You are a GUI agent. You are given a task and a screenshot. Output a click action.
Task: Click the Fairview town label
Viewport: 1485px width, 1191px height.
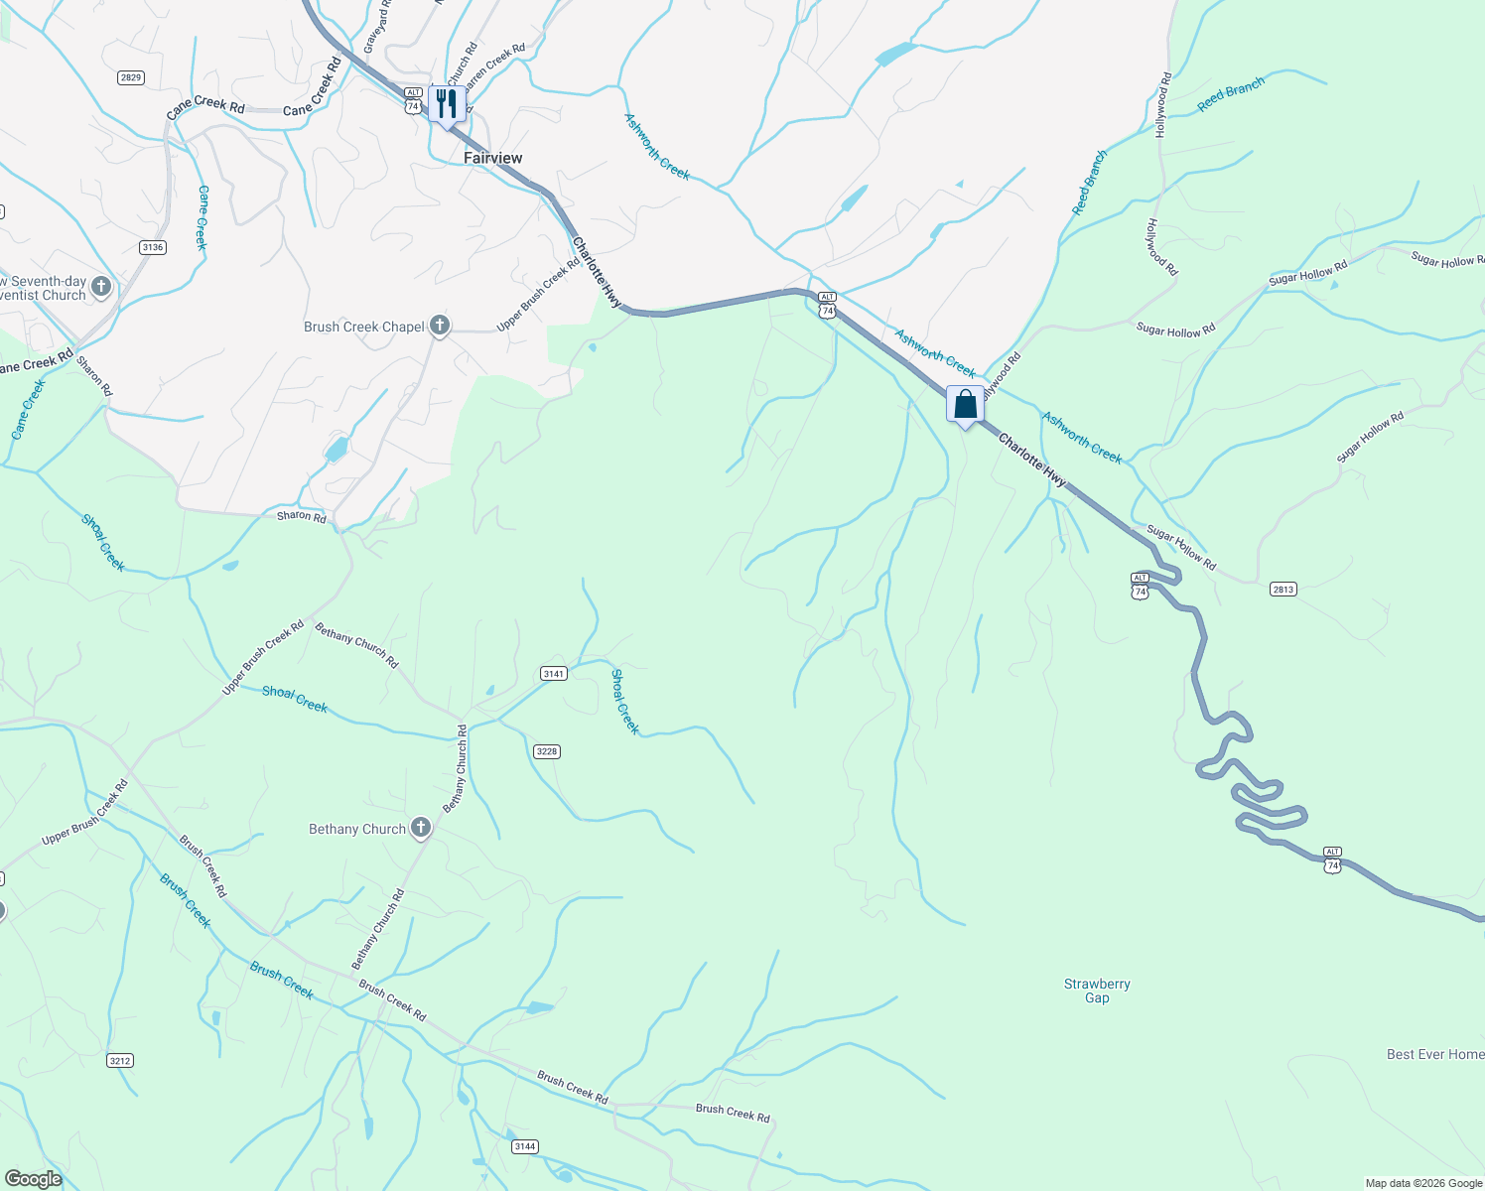(492, 158)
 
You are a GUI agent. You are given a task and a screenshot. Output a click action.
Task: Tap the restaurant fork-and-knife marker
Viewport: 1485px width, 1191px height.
(447, 103)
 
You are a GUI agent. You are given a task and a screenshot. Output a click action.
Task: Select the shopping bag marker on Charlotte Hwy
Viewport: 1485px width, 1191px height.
(965, 405)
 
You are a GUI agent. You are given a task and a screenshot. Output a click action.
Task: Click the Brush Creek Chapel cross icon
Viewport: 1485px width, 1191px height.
(439, 326)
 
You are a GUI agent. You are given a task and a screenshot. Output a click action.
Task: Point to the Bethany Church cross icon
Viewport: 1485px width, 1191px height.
(421, 828)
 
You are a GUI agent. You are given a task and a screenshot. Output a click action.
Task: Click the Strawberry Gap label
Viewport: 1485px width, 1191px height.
(1097, 991)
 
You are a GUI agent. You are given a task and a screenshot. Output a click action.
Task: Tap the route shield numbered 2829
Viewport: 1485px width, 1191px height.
(131, 77)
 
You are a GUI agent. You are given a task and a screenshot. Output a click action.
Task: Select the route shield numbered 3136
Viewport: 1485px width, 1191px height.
(152, 247)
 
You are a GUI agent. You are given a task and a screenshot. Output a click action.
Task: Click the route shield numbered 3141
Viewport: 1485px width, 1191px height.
(553, 674)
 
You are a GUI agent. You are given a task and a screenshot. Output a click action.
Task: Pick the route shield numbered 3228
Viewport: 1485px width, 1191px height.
(547, 751)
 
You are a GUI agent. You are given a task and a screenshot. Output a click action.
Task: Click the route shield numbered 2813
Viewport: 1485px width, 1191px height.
(1282, 590)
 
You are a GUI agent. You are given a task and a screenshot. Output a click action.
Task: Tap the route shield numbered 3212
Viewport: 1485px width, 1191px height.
(120, 1061)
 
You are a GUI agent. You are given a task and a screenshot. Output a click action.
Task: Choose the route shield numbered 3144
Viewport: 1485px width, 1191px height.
(525, 1146)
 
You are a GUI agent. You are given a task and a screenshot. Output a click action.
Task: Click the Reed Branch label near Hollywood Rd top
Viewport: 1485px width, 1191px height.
(1231, 95)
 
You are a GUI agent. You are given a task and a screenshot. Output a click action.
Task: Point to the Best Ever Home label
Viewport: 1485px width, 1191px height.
(1435, 1054)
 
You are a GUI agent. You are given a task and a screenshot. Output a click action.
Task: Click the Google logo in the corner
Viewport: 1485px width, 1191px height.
(33, 1179)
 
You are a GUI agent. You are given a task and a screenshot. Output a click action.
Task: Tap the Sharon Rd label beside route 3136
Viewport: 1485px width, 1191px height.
(94, 375)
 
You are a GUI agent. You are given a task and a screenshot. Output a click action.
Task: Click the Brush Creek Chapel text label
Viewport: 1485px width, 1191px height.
(363, 327)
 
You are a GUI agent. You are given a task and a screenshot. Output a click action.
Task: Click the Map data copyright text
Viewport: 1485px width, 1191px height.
(1423, 1183)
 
